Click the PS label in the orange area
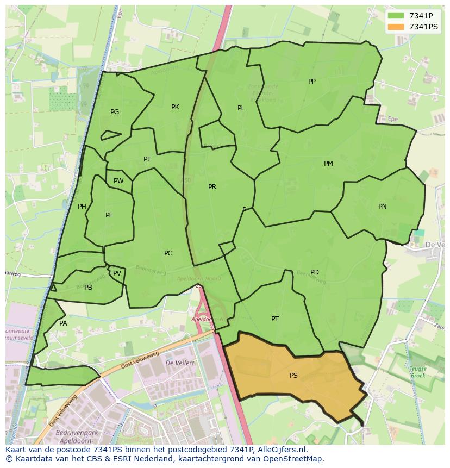coord(293,375)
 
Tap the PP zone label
coord(312,82)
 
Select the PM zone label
coord(328,164)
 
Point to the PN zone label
coord(383,207)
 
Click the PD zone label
coord(315,272)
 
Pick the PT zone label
coord(275,319)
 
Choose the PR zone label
coord(212,187)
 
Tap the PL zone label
coord(241,108)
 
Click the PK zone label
coord(175,107)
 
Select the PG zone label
coord(115,112)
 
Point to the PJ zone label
coord(147,159)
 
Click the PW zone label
coord(118,181)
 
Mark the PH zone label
coord(82,207)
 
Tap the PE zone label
coord(109,215)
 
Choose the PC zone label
coord(168,253)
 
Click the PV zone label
coord(117,273)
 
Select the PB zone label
coord(88,288)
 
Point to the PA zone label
coord(63,323)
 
